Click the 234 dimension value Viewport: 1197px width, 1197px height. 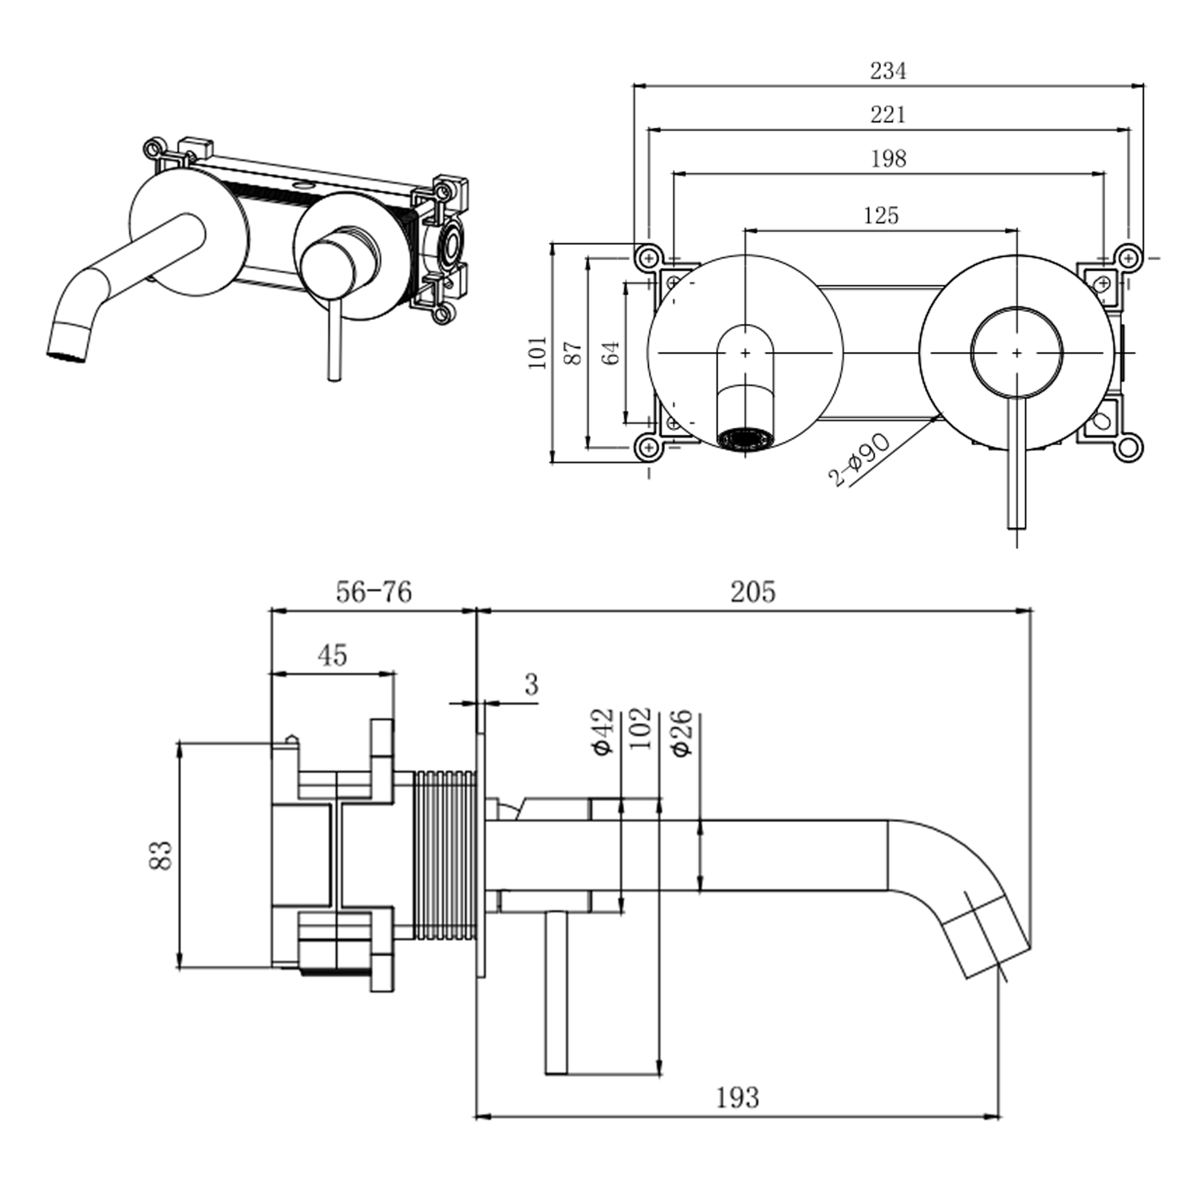887,71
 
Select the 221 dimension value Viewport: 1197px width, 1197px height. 887,115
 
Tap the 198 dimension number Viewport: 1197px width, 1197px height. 887,159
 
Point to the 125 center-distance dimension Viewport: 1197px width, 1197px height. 880,215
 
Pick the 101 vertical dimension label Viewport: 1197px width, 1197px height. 539,352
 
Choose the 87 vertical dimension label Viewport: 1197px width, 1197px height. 574,352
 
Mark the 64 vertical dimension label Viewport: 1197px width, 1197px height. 610,352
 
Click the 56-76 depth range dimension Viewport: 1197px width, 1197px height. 373,592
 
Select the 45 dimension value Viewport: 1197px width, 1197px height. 332,655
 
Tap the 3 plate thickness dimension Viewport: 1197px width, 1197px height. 531,685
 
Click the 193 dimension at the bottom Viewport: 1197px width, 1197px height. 737,1098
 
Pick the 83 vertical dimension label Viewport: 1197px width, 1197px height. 162,855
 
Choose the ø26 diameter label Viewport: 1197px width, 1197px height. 682,733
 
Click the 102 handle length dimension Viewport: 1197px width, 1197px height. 640,728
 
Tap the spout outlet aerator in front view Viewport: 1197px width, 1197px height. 745,438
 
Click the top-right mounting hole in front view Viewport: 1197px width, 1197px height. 1127,257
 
